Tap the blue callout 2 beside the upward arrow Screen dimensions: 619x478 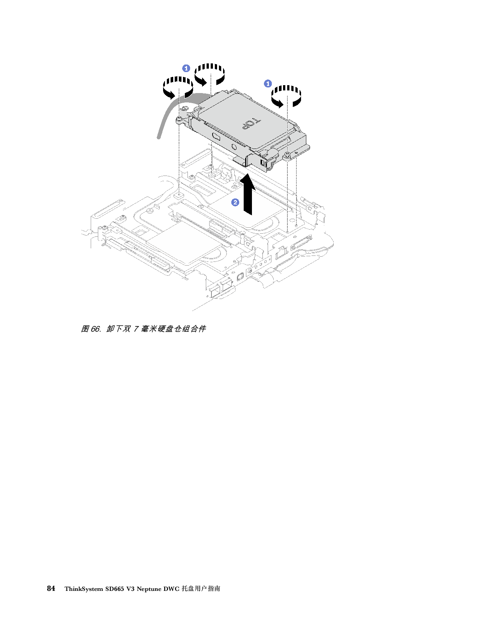[235, 203]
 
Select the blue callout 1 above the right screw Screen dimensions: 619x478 [268, 83]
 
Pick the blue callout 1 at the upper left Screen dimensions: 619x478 [186, 68]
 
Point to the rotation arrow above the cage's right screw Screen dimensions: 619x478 [286, 96]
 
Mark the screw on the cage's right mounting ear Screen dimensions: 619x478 [288, 155]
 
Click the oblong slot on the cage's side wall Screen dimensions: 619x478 [217, 136]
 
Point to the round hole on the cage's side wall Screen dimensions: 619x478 [234, 147]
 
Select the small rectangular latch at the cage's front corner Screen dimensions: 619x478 [265, 164]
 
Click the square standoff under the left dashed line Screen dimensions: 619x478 [179, 195]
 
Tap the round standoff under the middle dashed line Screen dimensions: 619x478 [212, 174]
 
